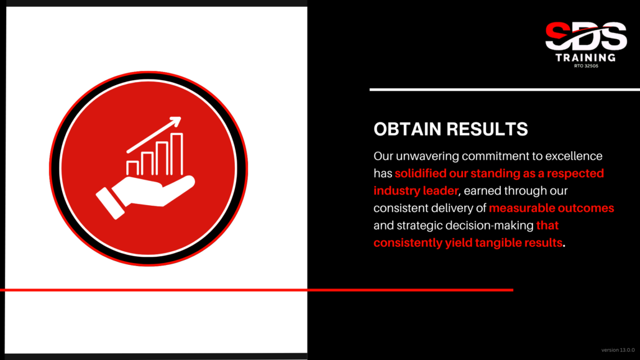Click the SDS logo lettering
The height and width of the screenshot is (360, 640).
(x=586, y=36)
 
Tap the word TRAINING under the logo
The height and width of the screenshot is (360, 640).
(x=586, y=58)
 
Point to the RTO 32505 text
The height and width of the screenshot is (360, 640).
(x=586, y=66)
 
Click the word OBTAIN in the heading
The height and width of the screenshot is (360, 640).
(x=407, y=129)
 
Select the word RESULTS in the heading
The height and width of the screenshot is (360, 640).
(x=487, y=129)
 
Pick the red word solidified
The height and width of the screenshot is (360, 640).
(x=421, y=173)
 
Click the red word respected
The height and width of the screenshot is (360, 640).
(x=575, y=173)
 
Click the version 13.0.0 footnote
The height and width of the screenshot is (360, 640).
(x=618, y=350)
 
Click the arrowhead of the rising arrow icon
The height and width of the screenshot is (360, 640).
(x=176, y=121)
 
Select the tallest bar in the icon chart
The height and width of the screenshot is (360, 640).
(x=176, y=154)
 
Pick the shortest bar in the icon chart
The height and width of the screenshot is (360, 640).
(x=132, y=168)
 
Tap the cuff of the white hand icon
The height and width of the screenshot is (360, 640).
(x=110, y=203)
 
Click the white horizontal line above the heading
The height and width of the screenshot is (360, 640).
(x=505, y=90)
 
